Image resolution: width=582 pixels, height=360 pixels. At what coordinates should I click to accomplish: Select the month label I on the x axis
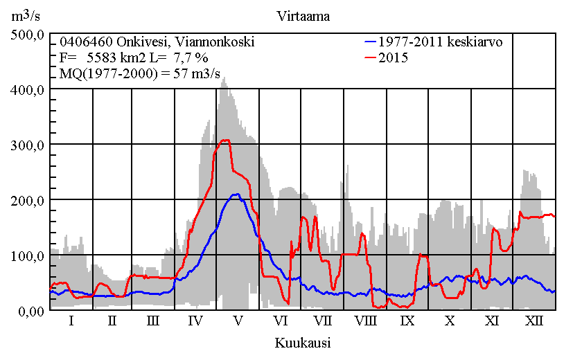[x=71, y=321]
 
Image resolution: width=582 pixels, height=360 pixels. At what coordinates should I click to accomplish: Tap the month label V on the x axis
[x=238, y=321]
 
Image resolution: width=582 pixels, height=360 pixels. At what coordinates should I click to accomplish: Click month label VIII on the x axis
[x=365, y=321]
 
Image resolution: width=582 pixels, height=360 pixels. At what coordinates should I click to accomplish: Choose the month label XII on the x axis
[x=533, y=321]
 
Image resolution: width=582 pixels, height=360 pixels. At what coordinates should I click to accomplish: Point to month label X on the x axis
[x=450, y=321]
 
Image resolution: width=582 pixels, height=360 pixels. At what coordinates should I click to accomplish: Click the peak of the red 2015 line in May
[x=224, y=140]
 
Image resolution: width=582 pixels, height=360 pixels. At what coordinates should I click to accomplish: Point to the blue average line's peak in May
[x=236, y=195]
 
